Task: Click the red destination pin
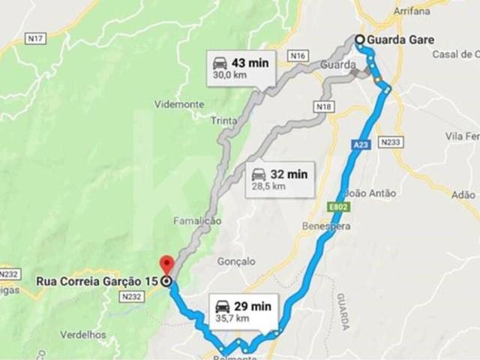point(166,265)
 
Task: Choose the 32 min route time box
point(280,179)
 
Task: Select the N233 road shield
point(391,140)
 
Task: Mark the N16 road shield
point(298,55)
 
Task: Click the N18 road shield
point(322,108)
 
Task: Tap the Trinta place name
point(224,121)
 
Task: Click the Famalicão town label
point(197,221)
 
